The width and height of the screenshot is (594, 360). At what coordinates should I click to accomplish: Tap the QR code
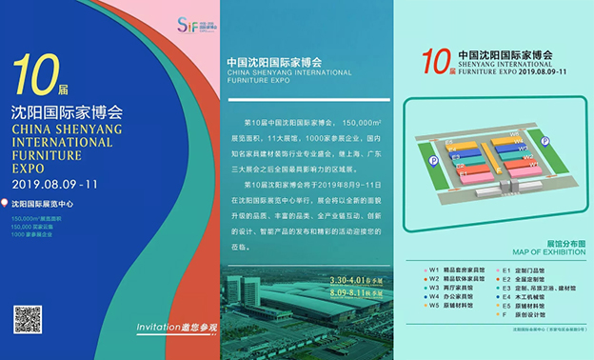(28, 319)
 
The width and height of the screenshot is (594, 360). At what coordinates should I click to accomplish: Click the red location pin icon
(6, 203)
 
